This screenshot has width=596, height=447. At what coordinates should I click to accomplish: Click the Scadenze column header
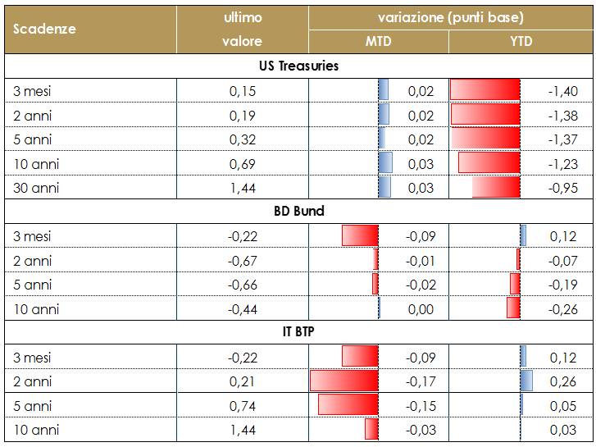tap(45, 29)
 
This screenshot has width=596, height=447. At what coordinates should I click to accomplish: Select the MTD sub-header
tap(378, 41)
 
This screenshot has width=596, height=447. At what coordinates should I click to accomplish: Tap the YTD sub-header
tap(521, 41)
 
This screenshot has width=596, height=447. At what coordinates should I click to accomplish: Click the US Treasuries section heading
tap(298, 66)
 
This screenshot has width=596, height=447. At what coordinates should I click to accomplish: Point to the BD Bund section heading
tap(298, 211)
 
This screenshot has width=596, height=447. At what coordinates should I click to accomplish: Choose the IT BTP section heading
tap(298, 332)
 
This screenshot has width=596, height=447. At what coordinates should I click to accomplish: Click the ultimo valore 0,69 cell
tap(242, 164)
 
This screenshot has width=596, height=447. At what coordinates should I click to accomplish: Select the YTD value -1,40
tap(562, 91)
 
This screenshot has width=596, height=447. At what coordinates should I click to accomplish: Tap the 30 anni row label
tap(37, 188)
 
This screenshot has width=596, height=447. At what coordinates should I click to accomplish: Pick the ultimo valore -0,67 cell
tap(242, 261)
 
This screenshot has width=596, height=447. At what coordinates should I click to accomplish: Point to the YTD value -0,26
tap(562, 308)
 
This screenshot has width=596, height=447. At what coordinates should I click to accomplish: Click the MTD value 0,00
tap(421, 308)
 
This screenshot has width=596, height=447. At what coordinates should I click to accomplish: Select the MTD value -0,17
tap(421, 381)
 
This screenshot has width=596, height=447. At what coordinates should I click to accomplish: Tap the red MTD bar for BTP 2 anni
tap(344, 381)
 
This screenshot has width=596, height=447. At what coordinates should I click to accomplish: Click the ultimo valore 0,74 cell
tap(242, 405)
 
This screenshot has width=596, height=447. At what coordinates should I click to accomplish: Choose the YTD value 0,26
tap(562, 381)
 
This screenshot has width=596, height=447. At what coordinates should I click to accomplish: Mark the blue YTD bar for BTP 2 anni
tap(526, 381)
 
